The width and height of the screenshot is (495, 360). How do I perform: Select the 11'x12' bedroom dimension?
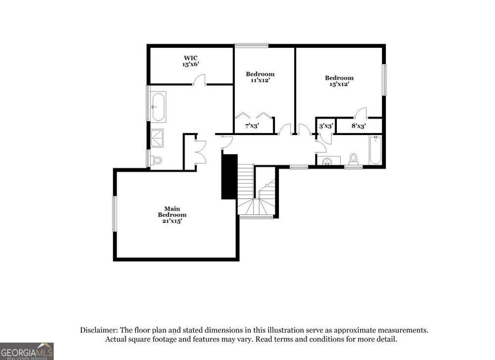pyautogui.click(x=260, y=80)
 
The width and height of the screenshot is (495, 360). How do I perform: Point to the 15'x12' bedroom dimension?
pyautogui.click(x=339, y=84)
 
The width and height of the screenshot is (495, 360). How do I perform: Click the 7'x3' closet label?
pyautogui.click(x=252, y=126)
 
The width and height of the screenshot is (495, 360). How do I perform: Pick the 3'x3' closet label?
pyautogui.click(x=326, y=126)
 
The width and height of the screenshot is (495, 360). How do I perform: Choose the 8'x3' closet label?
pyautogui.click(x=358, y=126)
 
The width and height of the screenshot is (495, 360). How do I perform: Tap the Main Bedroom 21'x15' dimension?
pyautogui.click(x=172, y=221)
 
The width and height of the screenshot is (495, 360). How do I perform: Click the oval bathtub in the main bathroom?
pyautogui.click(x=158, y=106)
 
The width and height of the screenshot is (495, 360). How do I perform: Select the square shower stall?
pyautogui.click(x=157, y=137)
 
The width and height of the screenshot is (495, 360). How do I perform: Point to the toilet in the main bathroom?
pyautogui.click(x=156, y=161)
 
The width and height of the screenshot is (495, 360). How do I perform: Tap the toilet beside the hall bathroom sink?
pyautogui.click(x=353, y=159)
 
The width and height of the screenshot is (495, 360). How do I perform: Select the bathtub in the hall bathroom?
pyautogui.click(x=376, y=150)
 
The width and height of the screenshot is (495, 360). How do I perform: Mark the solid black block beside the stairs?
pyautogui.click(x=229, y=176)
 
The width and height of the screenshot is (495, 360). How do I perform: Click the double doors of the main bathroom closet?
pyautogui.click(x=200, y=152)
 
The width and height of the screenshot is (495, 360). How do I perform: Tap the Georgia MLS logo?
pyautogui.click(x=27, y=351)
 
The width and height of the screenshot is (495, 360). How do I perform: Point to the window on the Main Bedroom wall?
pyautogui.click(x=115, y=213)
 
